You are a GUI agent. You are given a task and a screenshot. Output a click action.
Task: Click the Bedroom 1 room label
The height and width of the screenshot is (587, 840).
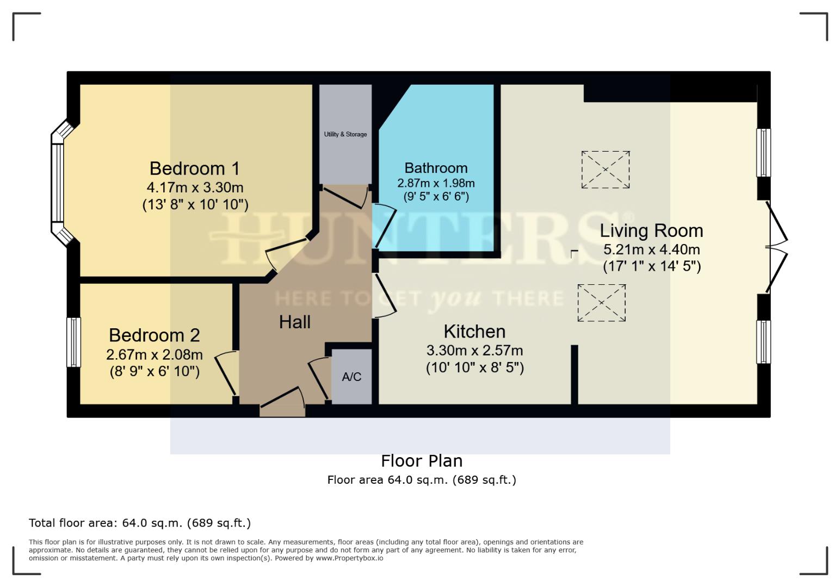point(194,168)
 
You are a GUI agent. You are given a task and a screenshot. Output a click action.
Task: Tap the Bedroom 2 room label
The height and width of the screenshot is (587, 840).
point(154,335)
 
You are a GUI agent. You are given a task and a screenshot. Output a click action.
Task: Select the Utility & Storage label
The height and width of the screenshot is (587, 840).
point(345,134)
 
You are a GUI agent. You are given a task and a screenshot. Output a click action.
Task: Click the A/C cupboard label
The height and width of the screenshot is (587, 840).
point(351,377)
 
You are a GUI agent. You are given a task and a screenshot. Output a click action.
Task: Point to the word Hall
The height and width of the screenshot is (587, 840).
point(294,322)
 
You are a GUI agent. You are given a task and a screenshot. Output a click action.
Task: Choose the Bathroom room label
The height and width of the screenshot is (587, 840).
point(436,168)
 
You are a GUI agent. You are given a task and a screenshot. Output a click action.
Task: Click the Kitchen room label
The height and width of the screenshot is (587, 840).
point(474,332)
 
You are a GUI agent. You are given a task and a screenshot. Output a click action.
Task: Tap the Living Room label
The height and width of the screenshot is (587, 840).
point(651,231)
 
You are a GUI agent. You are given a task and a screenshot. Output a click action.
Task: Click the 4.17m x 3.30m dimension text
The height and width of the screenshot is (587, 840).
point(195,188)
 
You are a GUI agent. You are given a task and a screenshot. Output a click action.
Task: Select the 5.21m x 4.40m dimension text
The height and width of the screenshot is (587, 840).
point(651,250)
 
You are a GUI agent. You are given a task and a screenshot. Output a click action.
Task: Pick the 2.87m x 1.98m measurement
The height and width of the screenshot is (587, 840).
point(436,183)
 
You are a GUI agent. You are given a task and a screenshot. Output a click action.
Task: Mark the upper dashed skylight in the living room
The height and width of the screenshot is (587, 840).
point(606,170)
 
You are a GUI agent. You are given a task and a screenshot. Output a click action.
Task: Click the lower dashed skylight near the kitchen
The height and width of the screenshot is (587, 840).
point(601,303)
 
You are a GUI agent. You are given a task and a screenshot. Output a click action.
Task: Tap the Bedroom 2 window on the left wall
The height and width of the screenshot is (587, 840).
point(73,342)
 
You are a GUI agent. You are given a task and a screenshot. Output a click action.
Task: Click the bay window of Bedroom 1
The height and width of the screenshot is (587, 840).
point(58,182)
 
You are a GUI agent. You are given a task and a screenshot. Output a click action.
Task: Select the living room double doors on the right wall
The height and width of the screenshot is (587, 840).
point(776,247)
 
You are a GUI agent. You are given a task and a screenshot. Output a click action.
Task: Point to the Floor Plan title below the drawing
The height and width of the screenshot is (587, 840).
point(422,461)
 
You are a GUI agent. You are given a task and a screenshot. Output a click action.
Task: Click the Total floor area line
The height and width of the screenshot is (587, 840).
point(140,523)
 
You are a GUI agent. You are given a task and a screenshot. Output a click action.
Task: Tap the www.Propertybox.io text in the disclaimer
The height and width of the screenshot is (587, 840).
point(349,558)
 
